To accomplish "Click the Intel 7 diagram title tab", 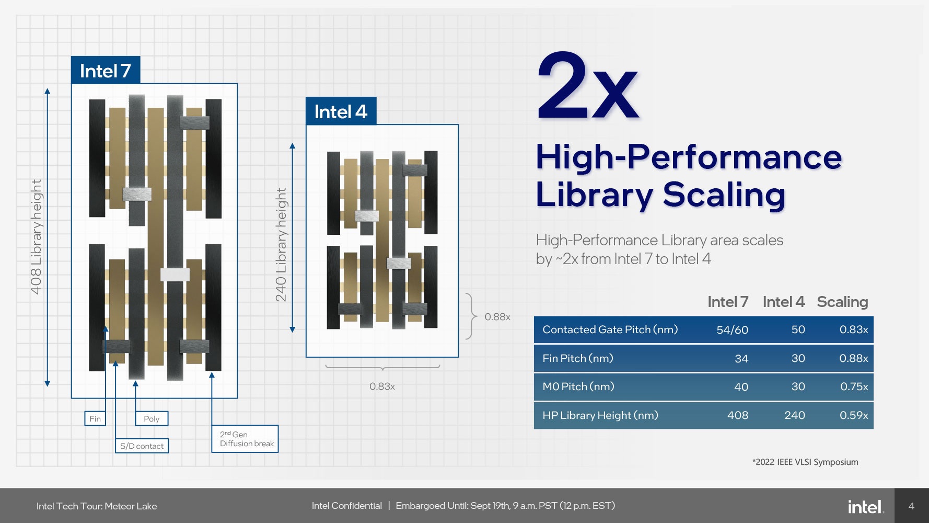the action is tap(106, 70).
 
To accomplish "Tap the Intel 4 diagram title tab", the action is tap(341, 111).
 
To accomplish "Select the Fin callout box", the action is tap(95, 418).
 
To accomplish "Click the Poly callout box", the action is tap(152, 418).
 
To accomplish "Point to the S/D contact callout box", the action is tap(142, 446).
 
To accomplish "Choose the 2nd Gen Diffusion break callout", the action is tap(245, 439).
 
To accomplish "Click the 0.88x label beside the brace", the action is tap(497, 316).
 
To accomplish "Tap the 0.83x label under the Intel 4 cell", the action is tap(382, 386).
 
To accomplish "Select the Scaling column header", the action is tap(842, 302).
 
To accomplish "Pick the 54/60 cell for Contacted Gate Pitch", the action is tap(732, 329).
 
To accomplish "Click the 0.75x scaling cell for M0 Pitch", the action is tap(854, 386).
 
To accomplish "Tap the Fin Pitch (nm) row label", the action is tap(578, 358).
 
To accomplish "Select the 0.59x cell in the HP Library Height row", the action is tap(854, 415).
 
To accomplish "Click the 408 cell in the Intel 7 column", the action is tap(738, 415).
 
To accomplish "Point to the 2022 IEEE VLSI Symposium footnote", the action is tap(805, 462).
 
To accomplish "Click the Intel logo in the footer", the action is tap(865, 506).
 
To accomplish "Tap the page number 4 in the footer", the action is tap(911, 506).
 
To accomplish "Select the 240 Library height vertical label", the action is tap(281, 245).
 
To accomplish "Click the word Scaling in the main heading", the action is tap(724, 195).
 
